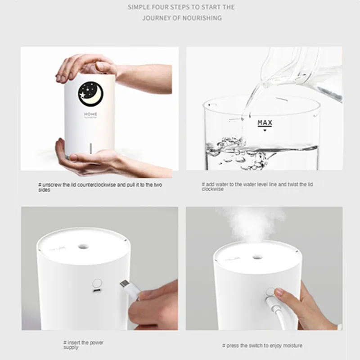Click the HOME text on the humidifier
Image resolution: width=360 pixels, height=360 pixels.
click(90, 114)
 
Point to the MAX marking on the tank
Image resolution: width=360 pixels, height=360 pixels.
click(265, 123)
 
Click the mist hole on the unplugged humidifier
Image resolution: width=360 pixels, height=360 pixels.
click(83, 247)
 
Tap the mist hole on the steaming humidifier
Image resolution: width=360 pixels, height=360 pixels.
click(257, 256)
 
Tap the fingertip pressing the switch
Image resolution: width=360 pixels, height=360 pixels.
click(278, 292)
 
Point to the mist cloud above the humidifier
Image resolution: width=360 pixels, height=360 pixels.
click(252, 223)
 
